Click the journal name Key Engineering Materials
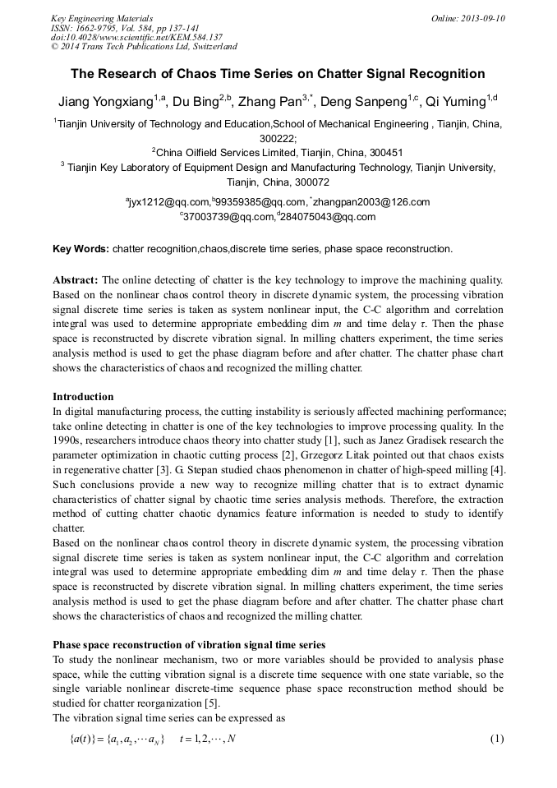click(x=102, y=18)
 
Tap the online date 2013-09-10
click(x=480, y=18)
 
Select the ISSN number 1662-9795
click(x=104, y=28)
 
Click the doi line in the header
click(x=136, y=37)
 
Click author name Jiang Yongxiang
click(x=105, y=103)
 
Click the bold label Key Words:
click(x=81, y=248)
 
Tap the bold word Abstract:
click(x=76, y=279)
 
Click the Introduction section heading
click(x=83, y=396)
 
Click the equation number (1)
click(x=496, y=738)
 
